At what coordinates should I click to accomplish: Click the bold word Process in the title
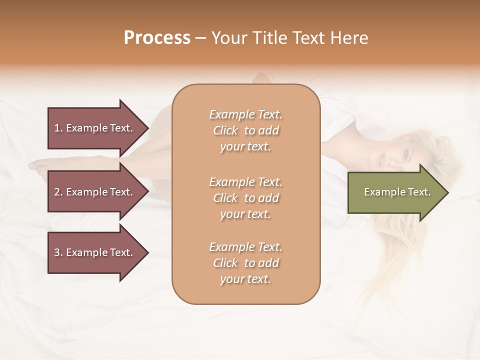157,38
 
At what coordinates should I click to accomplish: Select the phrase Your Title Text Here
289,38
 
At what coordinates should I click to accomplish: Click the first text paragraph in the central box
245,130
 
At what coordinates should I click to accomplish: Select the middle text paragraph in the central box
245,198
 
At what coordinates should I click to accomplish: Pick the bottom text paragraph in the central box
245,263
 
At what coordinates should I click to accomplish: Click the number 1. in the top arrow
58,128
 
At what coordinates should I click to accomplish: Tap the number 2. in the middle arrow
58,192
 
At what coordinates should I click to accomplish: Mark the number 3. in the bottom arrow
58,252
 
